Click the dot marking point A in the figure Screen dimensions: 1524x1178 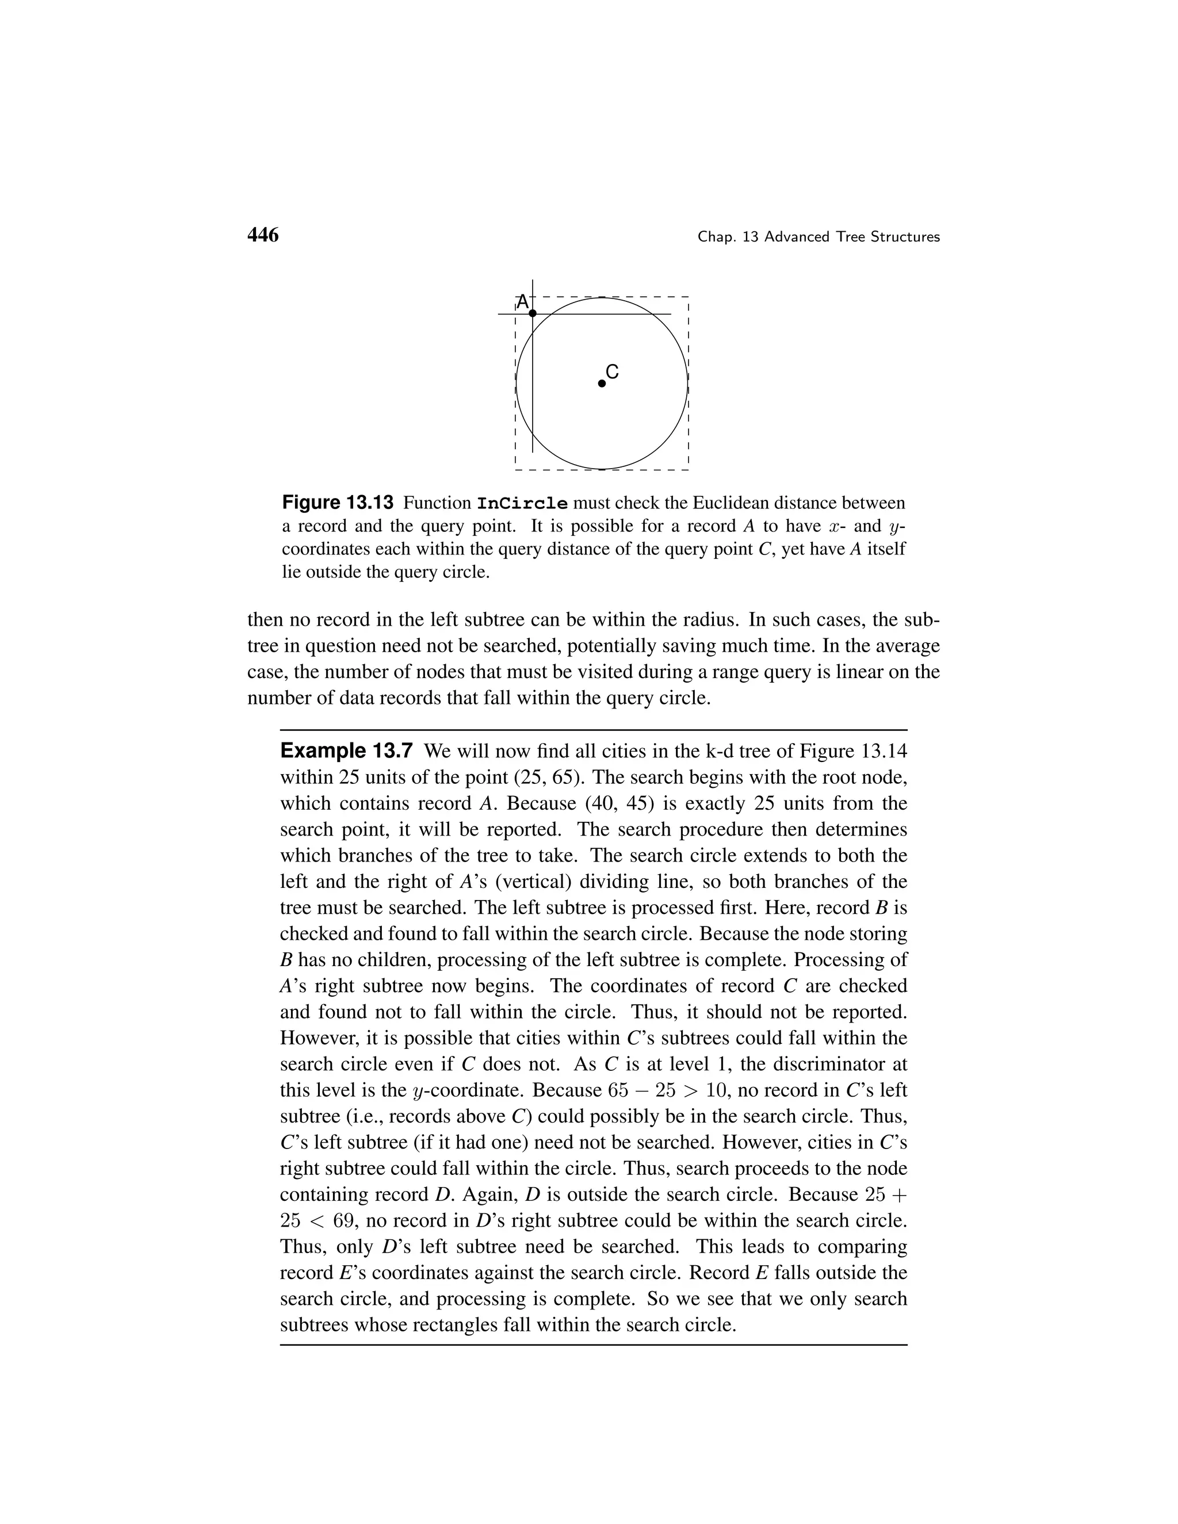tap(533, 314)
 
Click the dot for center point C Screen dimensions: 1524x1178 tap(602, 383)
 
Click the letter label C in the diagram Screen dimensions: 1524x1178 tap(612, 372)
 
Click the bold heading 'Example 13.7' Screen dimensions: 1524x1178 tap(347, 752)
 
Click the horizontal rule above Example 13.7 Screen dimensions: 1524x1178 tap(593, 729)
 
